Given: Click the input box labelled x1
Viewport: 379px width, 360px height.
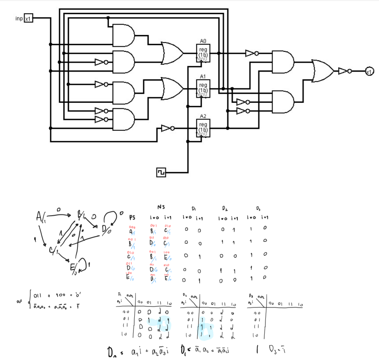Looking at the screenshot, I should tap(28, 18).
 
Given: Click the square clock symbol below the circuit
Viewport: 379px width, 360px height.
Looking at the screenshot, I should tap(161, 172).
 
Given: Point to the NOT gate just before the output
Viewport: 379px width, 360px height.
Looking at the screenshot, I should tap(345, 71).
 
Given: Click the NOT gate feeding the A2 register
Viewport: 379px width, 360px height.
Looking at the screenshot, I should tap(168, 128).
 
